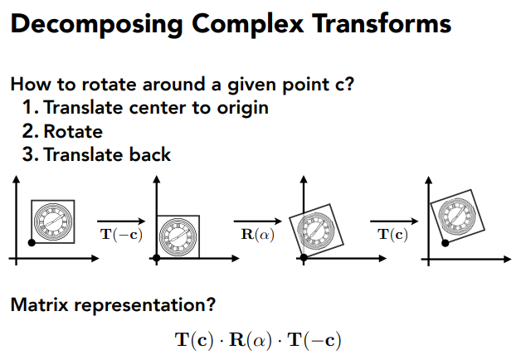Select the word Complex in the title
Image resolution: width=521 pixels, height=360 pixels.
241,24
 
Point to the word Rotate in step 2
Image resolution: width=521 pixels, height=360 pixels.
73,131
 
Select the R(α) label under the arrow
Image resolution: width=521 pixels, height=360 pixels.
256,234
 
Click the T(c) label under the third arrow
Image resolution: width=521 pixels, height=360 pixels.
392,234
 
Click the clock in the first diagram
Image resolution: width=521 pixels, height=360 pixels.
52,221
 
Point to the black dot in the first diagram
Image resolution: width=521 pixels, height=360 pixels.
31,242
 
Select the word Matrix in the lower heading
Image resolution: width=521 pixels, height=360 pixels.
39,304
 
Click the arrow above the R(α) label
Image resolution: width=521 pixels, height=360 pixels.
256,221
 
